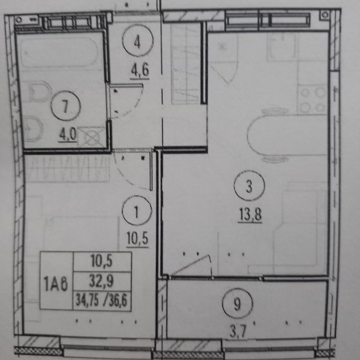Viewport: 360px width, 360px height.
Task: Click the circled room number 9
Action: [237, 305]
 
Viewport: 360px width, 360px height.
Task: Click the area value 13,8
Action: [250, 215]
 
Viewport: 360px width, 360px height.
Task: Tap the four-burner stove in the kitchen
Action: [312, 98]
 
